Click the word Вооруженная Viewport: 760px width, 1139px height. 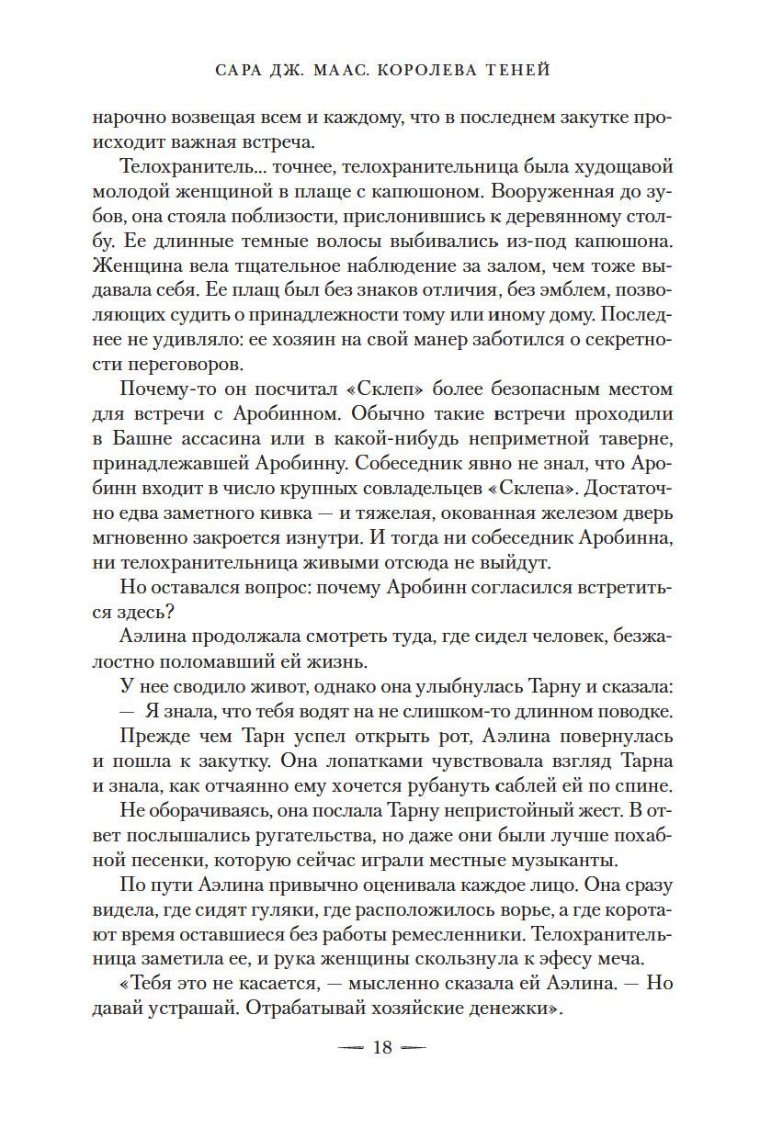pos(543,194)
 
